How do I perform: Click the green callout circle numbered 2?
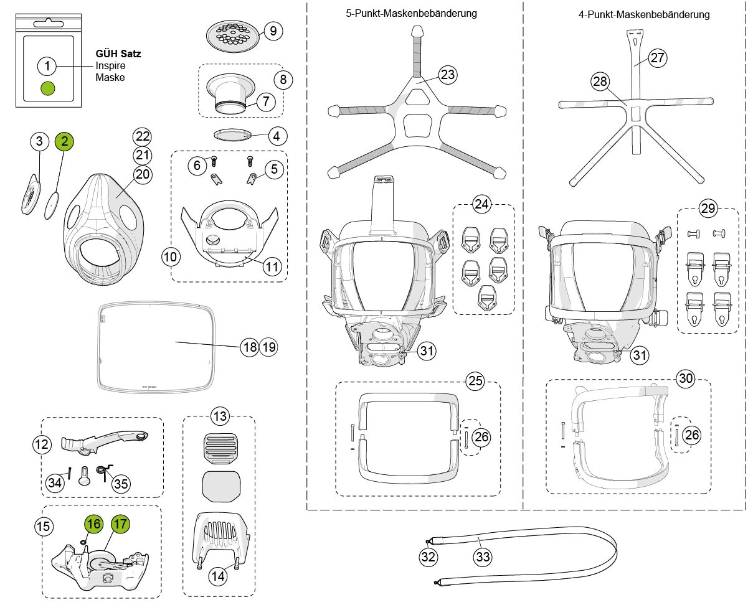65,142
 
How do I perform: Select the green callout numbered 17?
120,523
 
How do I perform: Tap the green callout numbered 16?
93,524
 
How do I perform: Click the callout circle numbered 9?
273,30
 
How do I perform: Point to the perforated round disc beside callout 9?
232,37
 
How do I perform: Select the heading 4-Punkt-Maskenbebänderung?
643,14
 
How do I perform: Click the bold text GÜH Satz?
118,54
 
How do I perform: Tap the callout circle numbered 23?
447,75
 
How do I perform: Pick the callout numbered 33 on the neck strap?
483,557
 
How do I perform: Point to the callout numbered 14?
217,576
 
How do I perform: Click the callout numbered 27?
658,58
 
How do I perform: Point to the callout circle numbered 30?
686,378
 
